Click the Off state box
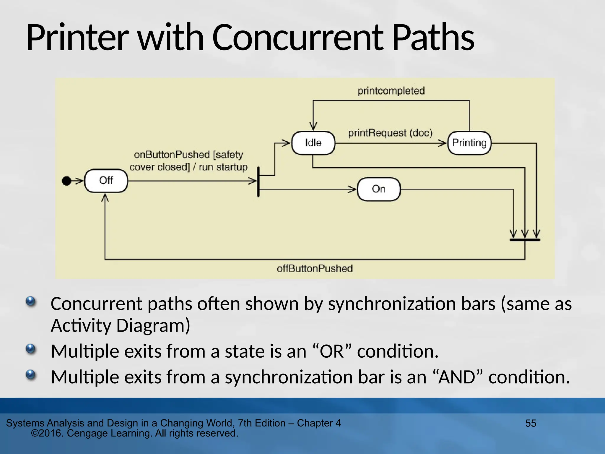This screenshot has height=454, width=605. [x=106, y=181]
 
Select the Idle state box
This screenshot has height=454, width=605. [x=313, y=143]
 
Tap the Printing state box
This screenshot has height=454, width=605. [x=469, y=143]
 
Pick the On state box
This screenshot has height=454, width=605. [x=379, y=189]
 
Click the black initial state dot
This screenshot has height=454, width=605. [x=66, y=181]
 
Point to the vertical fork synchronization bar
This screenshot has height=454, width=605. [x=258, y=181]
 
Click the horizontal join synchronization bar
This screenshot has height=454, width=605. [x=525, y=240]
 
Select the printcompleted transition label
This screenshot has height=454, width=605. [x=391, y=91]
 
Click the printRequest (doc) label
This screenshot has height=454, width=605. [x=390, y=133]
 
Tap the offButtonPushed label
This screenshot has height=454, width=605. [x=315, y=269]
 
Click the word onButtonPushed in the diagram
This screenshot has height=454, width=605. [x=172, y=155]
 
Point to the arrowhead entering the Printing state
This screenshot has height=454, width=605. [x=443, y=143]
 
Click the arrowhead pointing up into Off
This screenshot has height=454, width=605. [x=105, y=197]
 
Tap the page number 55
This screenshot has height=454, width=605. [x=531, y=423]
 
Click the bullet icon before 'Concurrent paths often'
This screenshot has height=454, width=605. [x=30, y=302]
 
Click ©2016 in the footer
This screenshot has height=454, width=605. [x=47, y=433]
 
